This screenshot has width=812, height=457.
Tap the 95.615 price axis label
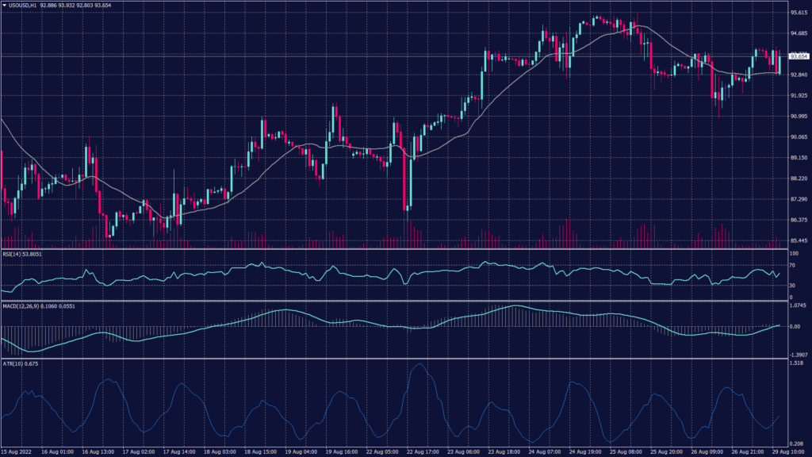click(x=799, y=13)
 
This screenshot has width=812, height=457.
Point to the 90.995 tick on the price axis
click(x=799, y=117)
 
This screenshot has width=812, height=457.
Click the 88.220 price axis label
click(x=799, y=179)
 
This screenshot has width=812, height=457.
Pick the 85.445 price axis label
click(x=799, y=240)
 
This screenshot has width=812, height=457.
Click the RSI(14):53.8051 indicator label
click(x=22, y=254)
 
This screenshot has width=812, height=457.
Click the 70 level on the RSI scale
click(x=793, y=265)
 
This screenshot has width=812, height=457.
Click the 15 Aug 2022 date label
click(x=17, y=451)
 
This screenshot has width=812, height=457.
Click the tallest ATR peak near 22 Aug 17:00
click(x=418, y=364)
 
